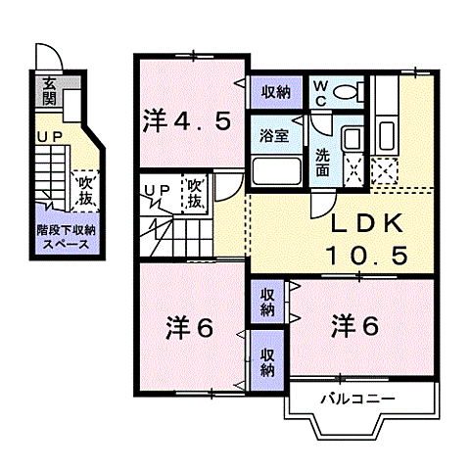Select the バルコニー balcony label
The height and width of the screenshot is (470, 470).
point(357,399)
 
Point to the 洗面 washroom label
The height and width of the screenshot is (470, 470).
point(322,160)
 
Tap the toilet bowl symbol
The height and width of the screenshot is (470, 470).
point(346,93)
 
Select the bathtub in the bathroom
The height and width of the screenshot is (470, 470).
point(279,172)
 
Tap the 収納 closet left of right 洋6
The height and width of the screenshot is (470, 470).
point(267,302)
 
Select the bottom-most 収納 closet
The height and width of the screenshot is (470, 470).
point(267,359)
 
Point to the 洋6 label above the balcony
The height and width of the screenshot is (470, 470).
point(354,324)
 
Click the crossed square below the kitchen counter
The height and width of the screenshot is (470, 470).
point(383,171)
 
